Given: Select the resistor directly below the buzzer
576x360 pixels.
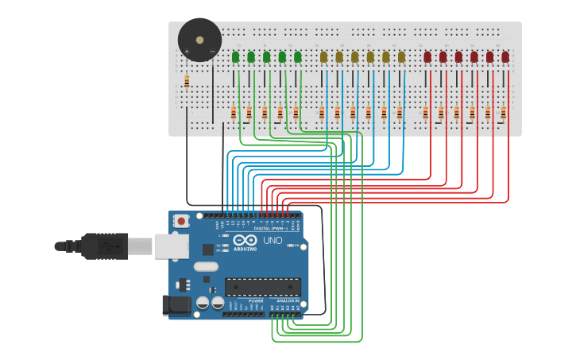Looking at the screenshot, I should [x=187, y=81].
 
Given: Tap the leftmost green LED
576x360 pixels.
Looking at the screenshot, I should [x=235, y=57].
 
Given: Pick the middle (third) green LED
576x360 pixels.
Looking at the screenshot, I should [x=266, y=57].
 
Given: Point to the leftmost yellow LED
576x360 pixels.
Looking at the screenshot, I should [x=323, y=57].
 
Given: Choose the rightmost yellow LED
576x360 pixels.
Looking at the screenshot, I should [x=401, y=57].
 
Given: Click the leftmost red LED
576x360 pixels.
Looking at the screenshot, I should [x=427, y=57].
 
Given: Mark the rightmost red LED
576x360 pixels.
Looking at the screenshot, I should [x=505, y=57].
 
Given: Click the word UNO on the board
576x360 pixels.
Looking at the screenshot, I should [x=273, y=240].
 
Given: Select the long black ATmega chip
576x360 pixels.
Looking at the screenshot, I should [x=262, y=287].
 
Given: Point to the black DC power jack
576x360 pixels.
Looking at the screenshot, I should [x=176, y=304].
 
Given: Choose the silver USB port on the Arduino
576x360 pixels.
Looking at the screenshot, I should [x=168, y=246].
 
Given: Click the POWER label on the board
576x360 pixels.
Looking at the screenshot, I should [x=256, y=301].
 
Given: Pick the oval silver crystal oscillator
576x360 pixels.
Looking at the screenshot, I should [x=205, y=267].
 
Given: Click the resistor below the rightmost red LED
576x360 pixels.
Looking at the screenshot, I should [x=503, y=112].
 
